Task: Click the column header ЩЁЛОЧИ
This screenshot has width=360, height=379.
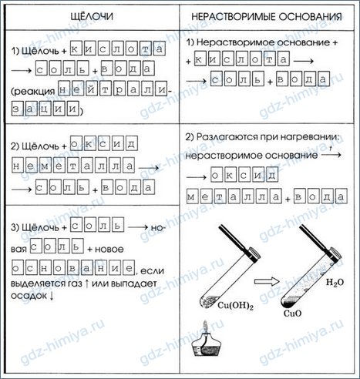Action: pyautogui.click(x=92, y=16)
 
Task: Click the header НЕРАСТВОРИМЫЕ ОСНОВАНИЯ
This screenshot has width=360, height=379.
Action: pyautogui.click(x=267, y=17)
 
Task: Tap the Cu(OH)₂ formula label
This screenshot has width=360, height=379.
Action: pyautogui.click(x=235, y=305)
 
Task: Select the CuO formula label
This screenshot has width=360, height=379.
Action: pyautogui.click(x=292, y=314)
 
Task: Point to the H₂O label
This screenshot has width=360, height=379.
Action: pyautogui.click(x=335, y=283)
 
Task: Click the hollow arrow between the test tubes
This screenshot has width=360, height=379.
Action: pyautogui.click(x=267, y=282)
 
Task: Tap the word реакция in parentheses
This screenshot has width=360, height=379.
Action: pyautogui.click(x=33, y=92)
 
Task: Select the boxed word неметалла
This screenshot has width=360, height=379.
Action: pyautogui.click(x=73, y=165)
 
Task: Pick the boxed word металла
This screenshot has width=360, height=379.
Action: pyautogui.click(x=234, y=196)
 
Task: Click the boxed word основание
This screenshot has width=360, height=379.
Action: pyautogui.click(x=73, y=267)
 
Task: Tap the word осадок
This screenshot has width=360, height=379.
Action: pyautogui.click(x=29, y=296)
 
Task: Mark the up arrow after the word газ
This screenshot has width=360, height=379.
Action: pyautogui.click(x=86, y=283)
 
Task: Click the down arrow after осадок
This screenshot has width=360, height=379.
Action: pyautogui.click(x=52, y=296)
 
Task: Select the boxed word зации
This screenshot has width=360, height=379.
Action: pyautogui.click(x=45, y=109)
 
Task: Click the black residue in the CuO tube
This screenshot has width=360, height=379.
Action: pyautogui.click(x=290, y=303)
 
